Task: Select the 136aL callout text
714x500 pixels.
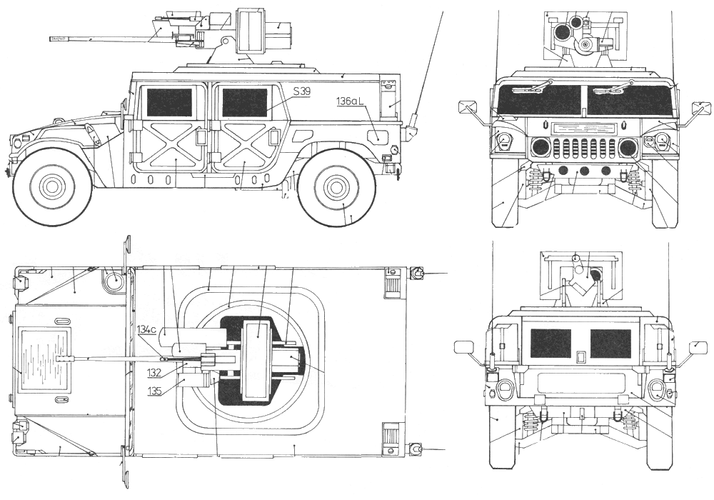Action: click(351, 103)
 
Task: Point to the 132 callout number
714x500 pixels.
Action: click(154, 373)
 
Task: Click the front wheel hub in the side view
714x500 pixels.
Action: click(52, 187)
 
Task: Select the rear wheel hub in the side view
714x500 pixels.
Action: click(336, 187)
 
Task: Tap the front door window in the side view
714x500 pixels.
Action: click(169, 102)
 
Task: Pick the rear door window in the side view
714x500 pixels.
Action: click(244, 102)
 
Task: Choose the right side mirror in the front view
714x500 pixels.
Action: click(702, 109)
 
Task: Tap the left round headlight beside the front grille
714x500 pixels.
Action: click(540, 148)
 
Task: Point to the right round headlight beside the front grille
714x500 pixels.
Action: click(628, 148)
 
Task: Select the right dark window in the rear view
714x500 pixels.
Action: click(610, 344)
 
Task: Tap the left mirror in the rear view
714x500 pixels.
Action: click(464, 347)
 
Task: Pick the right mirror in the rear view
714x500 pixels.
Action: click(698, 347)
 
